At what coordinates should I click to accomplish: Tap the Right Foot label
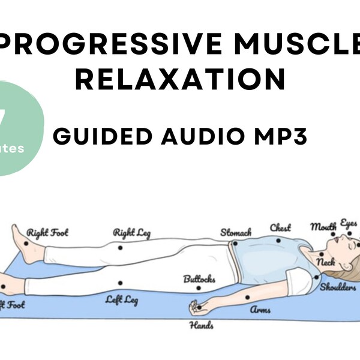tap(48, 232)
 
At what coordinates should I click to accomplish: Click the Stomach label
tap(236, 232)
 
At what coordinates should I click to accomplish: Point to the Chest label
tap(280, 227)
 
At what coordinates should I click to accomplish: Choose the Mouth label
tap(323, 226)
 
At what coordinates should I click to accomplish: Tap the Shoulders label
tap(338, 287)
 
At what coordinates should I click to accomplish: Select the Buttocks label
tap(199, 280)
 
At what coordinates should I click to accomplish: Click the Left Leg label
tap(122, 299)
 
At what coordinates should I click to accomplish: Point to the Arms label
tap(260, 310)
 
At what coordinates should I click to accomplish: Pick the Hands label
tap(202, 326)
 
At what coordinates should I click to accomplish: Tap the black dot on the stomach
tap(235, 243)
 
